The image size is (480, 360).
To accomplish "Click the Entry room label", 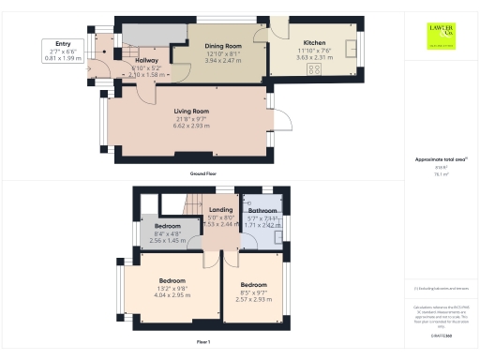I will pos(64,43).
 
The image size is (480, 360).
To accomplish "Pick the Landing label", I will pos(221,209).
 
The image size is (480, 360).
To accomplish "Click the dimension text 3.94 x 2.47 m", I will pos(223,59).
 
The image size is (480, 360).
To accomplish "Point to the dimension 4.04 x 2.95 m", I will pos(171,294).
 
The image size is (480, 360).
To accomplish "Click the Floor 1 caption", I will pos(203,342).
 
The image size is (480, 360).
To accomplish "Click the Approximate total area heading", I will pos(439,161).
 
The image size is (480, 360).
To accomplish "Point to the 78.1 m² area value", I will pos(438,174).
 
